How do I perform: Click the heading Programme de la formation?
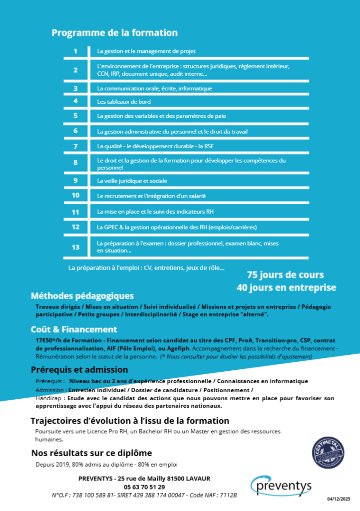tap(114, 33)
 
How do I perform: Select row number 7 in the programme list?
tap(75, 146)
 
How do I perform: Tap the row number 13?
tap(75, 247)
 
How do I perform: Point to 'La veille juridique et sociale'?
tap(132, 181)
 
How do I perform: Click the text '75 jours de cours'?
tap(285, 275)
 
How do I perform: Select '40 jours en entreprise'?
tap(286, 287)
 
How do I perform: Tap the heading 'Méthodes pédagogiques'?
tap(82, 296)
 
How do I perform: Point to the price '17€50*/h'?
tap(49, 340)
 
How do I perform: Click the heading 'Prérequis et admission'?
tap(79, 370)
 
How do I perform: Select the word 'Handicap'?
tap(48, 399)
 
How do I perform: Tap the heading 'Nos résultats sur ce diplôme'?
tap(91, 453)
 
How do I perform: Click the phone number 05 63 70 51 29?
tap(144, 487)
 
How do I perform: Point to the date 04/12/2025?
tap(339, 499)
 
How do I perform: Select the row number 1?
tap(75, 51)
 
